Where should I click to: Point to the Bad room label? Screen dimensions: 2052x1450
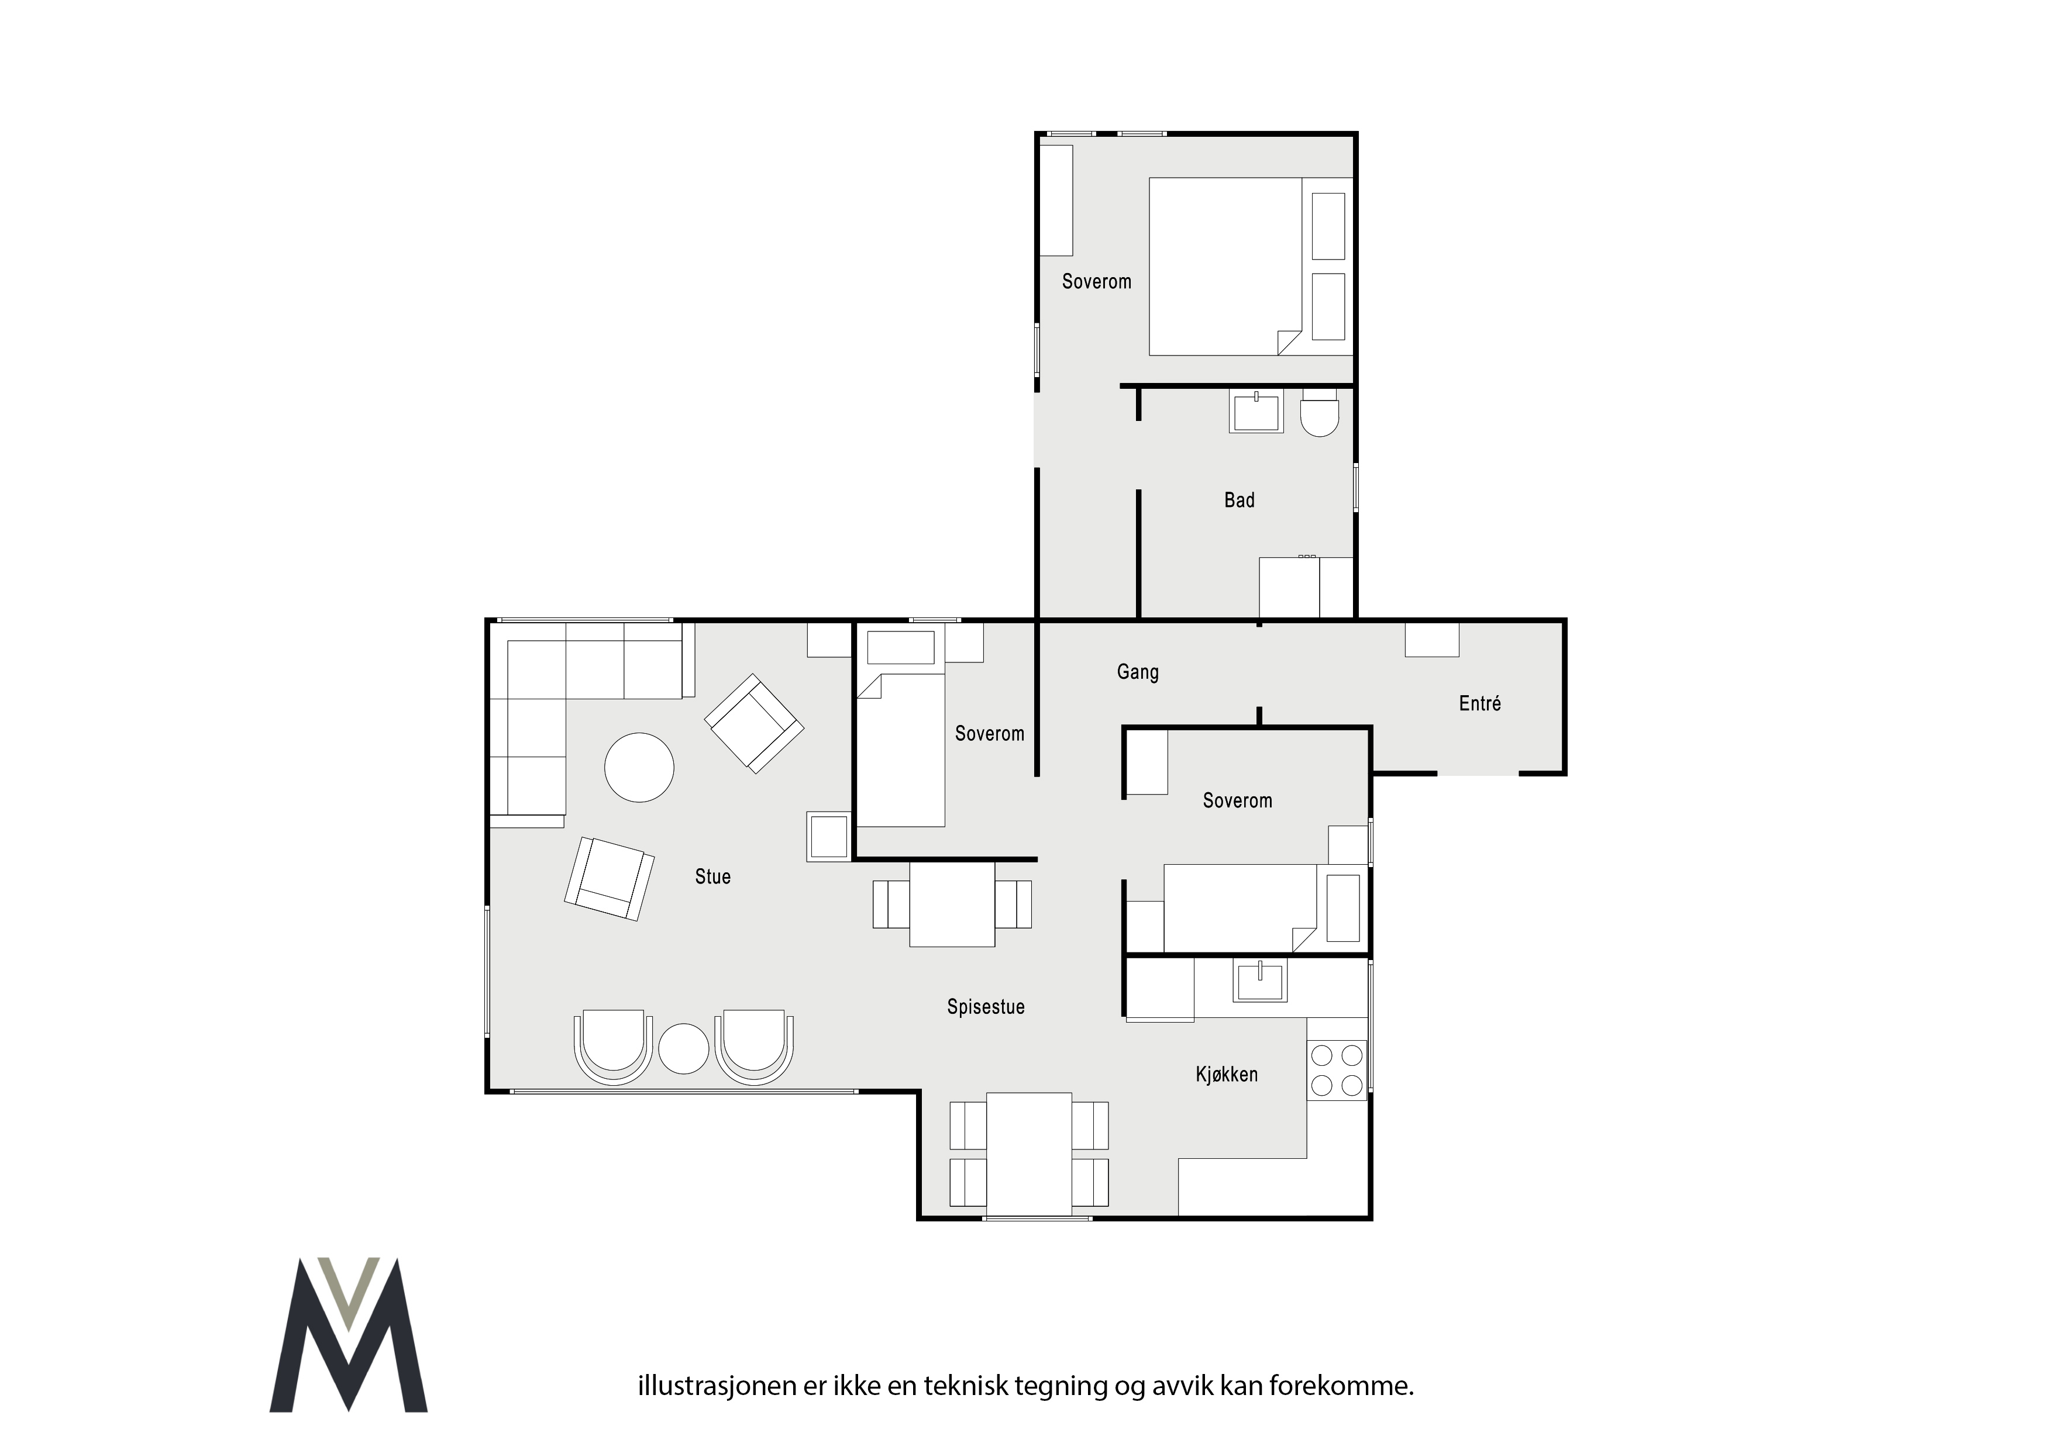1239,500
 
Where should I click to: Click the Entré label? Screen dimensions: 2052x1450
1479,703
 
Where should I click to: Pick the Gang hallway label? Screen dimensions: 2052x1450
1138,672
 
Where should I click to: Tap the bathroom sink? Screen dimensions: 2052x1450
1256,412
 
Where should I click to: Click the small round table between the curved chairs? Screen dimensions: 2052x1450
684,1048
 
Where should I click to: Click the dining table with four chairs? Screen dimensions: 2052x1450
1029,1154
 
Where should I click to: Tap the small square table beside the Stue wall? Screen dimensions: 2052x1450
828,836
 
